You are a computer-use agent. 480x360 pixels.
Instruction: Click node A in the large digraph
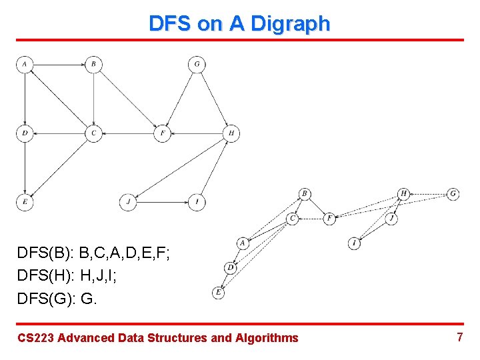[x=25, y=64]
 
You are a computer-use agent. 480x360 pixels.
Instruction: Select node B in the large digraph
[x=93, y=64]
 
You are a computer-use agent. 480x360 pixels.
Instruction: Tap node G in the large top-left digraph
[x=197, y=64]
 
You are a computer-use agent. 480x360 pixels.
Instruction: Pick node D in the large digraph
[x=25, y=133]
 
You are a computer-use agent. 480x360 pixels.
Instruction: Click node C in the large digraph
[x=93, y=133]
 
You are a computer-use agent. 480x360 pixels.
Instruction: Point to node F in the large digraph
[x=163, y=133]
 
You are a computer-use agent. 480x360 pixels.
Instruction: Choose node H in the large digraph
[x=231, y=133]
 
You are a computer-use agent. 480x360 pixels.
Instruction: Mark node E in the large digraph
[x=25, y=202]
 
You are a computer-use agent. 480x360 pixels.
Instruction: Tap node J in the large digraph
[x=128, y=202]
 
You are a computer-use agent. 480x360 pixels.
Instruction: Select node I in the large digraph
[x=197, y=202]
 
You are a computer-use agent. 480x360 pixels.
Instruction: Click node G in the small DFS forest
[x=453, y=193]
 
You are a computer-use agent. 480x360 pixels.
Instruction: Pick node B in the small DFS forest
[x=305, y=194]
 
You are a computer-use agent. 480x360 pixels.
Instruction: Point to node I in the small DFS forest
[x=355, y=244]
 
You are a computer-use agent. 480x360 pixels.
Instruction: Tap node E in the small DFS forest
[x=218, y=292]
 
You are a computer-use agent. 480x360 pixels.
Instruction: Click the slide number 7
[x=459, y=337]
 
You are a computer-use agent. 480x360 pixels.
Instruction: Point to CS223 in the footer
[x=36, y=338]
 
